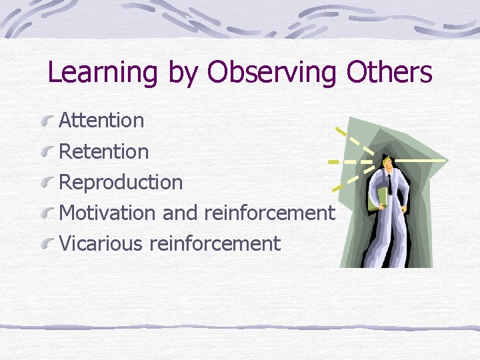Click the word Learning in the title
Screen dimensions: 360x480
pos(103,73)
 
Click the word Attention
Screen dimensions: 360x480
pos(101,121)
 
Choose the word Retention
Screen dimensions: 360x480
pos(104,151)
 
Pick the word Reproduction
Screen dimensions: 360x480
pos(121,183)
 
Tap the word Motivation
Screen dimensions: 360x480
pos(107,213)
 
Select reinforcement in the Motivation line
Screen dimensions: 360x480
pos(269,213)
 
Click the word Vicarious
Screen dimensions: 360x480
pos(101,244)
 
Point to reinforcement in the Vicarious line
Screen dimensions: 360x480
pos(215,244)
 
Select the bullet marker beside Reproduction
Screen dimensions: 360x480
pos(47,183)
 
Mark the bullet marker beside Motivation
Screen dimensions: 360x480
pos(47,213)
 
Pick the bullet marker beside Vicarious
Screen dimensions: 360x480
pos(47,244)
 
